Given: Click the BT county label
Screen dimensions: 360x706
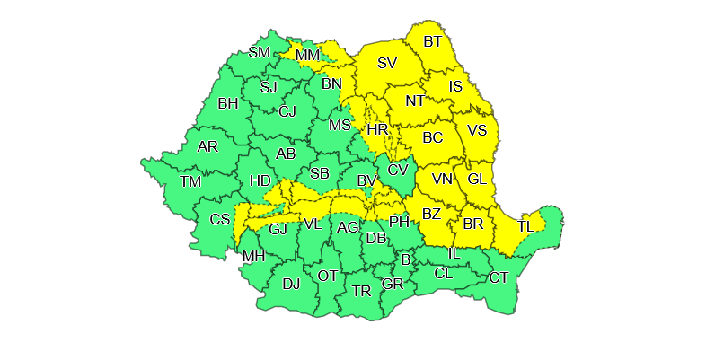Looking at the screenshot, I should tap(433, 41).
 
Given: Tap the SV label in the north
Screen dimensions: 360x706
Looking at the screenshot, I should tap(387, 63).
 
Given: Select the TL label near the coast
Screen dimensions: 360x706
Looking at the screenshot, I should tap(525, 225).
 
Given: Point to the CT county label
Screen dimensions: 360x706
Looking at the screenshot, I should tap(499, 277).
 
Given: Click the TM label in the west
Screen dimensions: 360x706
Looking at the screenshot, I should tap(190, 181).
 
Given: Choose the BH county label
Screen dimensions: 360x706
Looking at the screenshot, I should tap(228, 103).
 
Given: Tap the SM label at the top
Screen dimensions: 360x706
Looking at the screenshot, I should tap(260, 52).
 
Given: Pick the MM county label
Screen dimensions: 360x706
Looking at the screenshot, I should tap(307, 57).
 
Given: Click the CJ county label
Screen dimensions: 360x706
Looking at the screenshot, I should tap(287, 111).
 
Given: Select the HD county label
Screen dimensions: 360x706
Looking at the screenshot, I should tap(260, 180).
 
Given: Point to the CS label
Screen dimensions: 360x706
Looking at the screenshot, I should tap(220, 219).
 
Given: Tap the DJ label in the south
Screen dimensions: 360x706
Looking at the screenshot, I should tap(291, 284).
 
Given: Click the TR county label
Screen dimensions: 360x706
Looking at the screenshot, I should tap(361, 291).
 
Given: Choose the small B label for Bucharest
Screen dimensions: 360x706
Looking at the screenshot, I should tap(406, 259).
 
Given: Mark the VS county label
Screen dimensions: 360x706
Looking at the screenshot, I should tap(477, 129).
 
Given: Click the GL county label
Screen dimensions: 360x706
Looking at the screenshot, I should tap(477, 179).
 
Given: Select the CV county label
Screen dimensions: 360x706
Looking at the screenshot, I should tap(398, 169).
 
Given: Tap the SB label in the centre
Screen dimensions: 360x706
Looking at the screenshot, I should tap(319, 173).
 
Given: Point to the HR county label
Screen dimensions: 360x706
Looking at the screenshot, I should tap(377, 130).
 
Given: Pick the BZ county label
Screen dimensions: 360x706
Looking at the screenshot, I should tap(431, 214).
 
